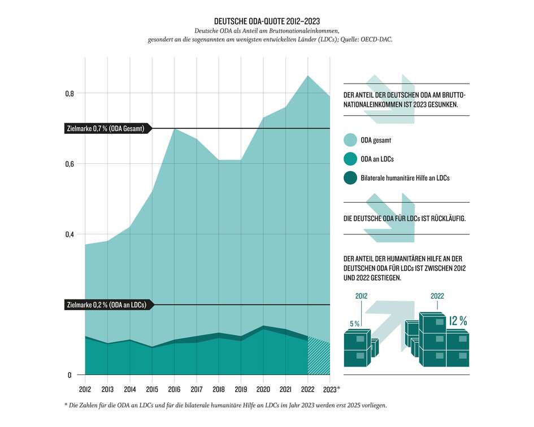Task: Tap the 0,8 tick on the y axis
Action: point(69,94)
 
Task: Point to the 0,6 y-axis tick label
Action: point(69,164)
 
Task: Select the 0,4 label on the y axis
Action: point(69,234)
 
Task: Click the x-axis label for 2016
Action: point(174,389)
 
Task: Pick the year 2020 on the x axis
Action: point(263,389)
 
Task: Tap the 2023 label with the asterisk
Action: point(331,389)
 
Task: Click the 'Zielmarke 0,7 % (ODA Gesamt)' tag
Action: point(105,129)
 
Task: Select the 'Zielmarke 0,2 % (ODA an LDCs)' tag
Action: point(106,305)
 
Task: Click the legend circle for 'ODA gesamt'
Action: point(350,140)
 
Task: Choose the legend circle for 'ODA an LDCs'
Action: point(350,160)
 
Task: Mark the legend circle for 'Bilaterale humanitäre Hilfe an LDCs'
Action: point(350,178)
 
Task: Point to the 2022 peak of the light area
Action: point(307,76)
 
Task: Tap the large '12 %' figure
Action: point(458,321)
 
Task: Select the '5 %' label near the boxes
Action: point(355,324)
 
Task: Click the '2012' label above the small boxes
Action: point(362,296)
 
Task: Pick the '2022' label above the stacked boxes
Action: point(437,295)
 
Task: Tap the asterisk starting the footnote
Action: point(67,406)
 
